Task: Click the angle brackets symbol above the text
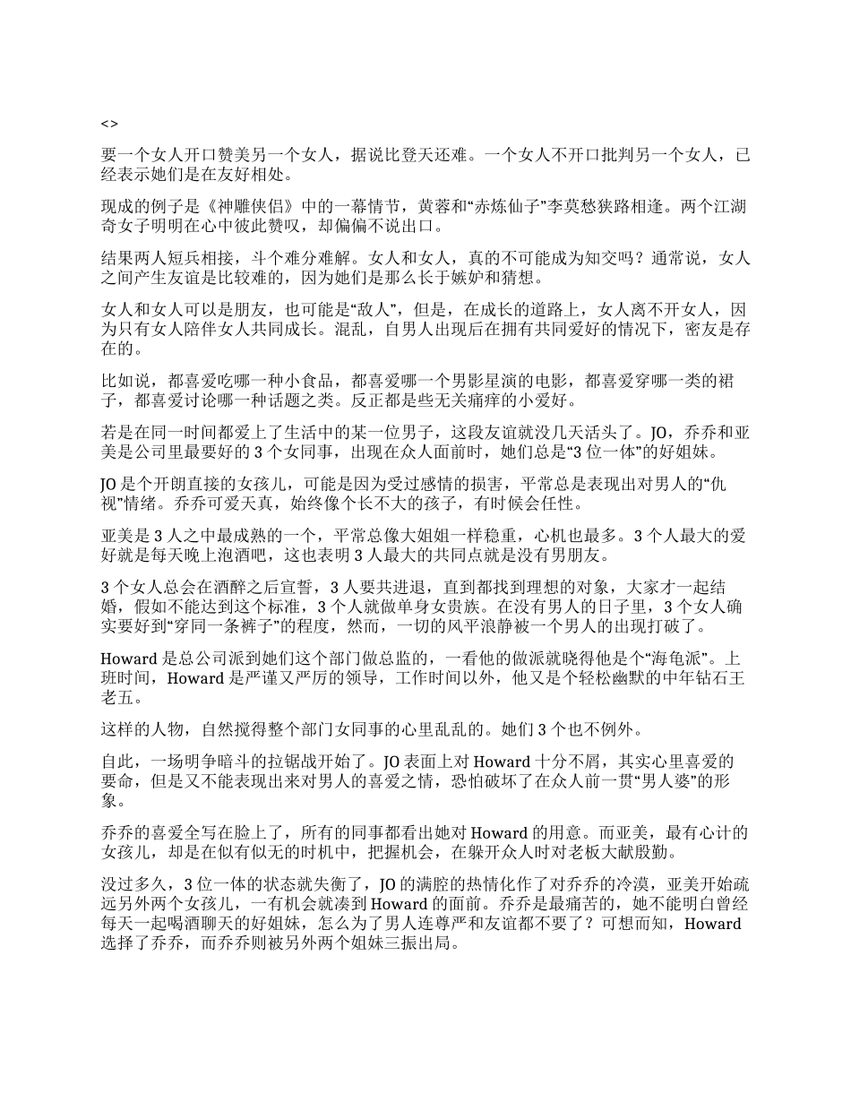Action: click(x=108, y=124)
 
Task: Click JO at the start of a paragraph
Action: click(x=108, y=485)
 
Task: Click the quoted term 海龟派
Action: click(x=661, y=659)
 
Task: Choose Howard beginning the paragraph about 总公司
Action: click(x=131, y=659)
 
